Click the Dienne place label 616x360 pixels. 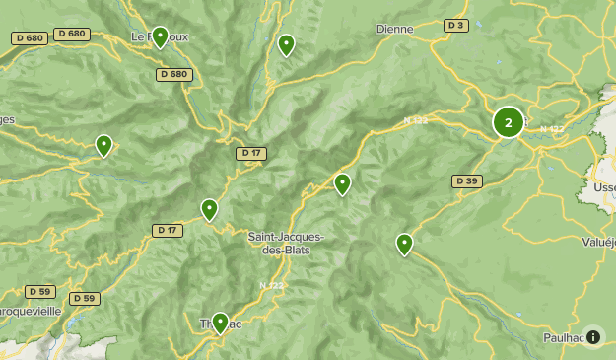tap(394, 29)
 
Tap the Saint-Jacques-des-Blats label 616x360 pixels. tap(286, 243)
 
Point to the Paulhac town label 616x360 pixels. tap(564, 337)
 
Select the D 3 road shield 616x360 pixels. tap(455, 26)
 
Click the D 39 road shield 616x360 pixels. tap(467, 181)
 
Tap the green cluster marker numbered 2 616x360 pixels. tap(509, 122)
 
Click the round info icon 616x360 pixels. tap(593, 337)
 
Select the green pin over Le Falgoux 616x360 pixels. tap(160, 37)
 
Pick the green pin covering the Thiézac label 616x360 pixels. tap(220, 323)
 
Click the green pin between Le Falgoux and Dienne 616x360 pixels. tap(286, 44)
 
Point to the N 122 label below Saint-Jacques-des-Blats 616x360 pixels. tap(271, 285)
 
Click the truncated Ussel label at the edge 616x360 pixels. tap(604, 187)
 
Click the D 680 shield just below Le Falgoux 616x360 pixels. tap(173, 74)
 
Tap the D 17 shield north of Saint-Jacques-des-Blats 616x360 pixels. tap(251, 153)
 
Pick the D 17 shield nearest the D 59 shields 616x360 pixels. tap(168, 230)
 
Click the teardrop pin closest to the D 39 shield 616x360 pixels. tap(404, 244)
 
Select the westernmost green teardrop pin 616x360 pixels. tap(103, 146)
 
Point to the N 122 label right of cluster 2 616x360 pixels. tap(552, 129)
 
